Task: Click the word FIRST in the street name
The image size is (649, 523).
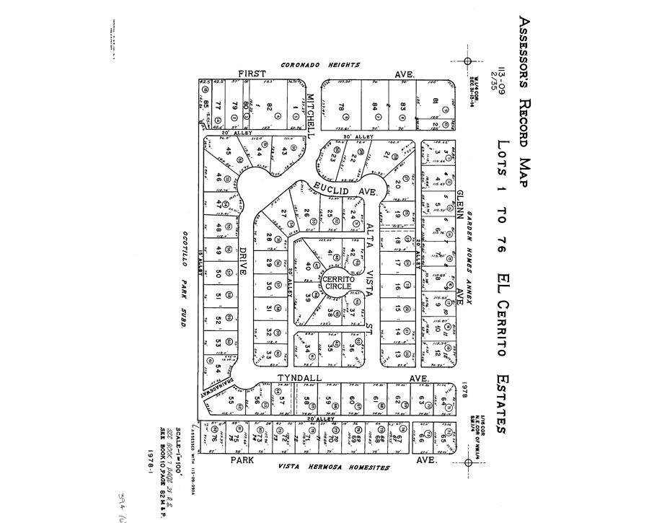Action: click(252, 74)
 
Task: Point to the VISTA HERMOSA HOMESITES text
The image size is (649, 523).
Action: click(335, 468)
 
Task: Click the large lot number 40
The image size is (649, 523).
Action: click(309, 264)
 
